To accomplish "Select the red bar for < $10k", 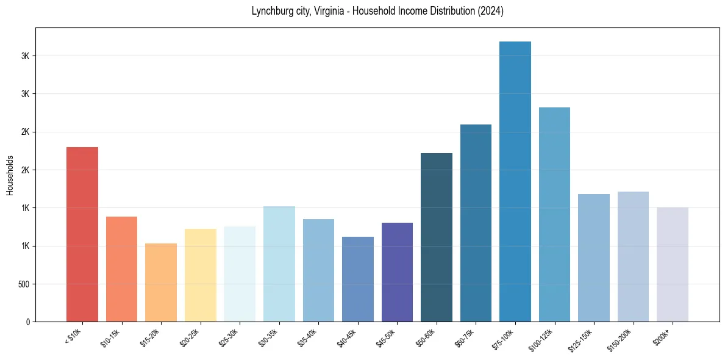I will pos(82,234).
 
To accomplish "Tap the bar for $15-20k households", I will pos(161,283).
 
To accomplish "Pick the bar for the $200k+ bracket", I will pos(673,265).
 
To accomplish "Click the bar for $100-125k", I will pos(554,215).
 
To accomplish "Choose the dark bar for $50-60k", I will pos(437,237).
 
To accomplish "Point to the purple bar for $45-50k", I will pos(397,272).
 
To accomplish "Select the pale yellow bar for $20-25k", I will pos(201,275).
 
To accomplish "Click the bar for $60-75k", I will pos(476,223).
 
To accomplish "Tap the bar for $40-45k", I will pos(358,279).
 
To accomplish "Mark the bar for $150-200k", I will pos(633,257).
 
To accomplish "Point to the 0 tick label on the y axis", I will pos(27,322).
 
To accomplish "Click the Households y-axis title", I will pos(10,175).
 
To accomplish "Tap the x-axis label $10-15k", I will pos(111,337).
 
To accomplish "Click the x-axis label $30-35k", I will pos(268,337).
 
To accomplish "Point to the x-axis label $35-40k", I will pos(308,337).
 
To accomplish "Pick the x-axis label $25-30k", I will pos(229,337).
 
